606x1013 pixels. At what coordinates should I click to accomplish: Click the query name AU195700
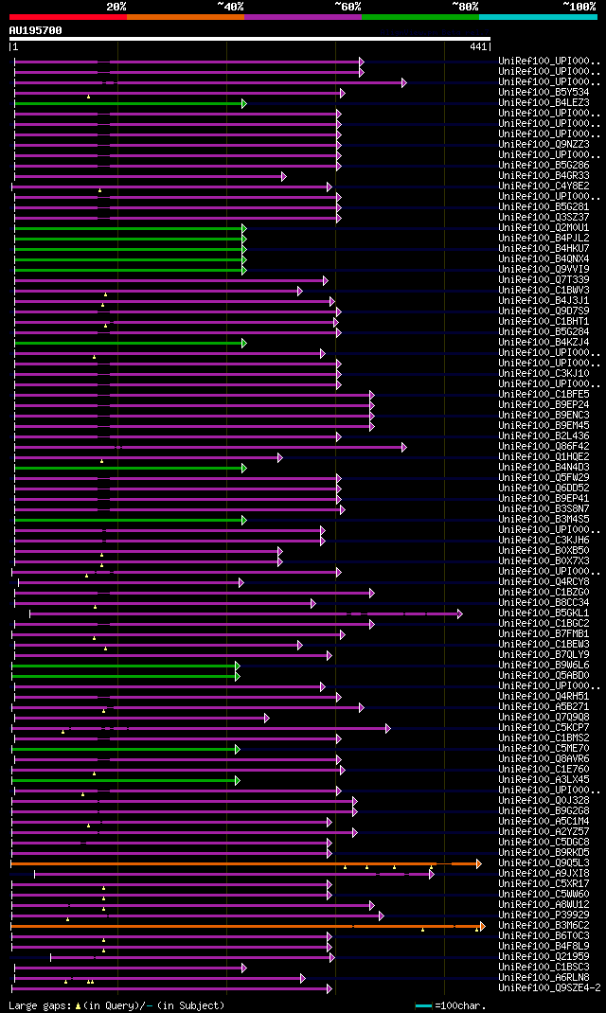click(x=36, y=30)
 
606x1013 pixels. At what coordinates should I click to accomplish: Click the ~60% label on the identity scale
click(x=347, y=6)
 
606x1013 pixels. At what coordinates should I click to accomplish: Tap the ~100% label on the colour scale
click(x=579, y=6)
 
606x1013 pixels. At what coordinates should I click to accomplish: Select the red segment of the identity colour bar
click(x=67, y=17)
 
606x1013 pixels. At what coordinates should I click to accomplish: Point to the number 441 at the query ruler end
click(x=478, y=46)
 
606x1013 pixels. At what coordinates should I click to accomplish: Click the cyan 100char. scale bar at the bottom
click(x=423, y=1005)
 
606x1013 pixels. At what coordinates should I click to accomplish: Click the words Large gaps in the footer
click(x=38, y=1005)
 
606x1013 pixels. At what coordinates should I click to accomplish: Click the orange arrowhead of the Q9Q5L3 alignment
click(x=479, y=863)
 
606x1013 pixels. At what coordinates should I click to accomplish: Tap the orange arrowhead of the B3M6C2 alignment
click(x=482, y=926)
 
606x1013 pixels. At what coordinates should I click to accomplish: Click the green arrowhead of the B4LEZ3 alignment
click(x=243, y=103)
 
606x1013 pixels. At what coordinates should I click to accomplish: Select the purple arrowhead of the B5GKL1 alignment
click(x=460, y=613)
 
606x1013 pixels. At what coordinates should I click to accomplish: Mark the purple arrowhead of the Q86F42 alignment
click(x=403, y=447)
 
